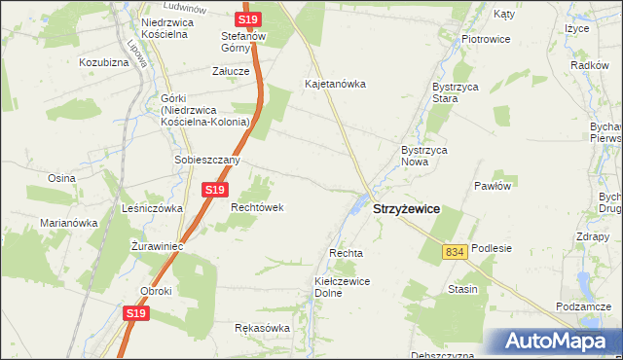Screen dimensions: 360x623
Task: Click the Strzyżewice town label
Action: pyautogui.click(x=406, y=209)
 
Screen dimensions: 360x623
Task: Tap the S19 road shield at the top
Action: pyautogui.click(x=248, y=19)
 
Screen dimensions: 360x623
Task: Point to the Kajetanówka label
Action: pyautogui.click(x=335, y=84)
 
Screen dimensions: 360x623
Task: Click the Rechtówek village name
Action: pyautogui.click(x=256, y=207)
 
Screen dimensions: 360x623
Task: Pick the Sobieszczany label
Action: pyautogui.click(x=206, y=160)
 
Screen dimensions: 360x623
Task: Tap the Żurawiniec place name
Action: pyautogui.click(x=158, y=247)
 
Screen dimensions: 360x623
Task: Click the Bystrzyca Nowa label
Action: pyautogui.click(x=423, y=156)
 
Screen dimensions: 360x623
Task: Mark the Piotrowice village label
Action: pyautogui.click(x=487, y=39)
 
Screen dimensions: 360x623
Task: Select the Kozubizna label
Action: pyautogui.click(x=104, y=62)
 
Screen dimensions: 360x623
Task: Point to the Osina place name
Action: pyautogui.click(x=62, y=178)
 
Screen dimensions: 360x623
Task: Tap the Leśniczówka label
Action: pyautogui.click(x=147, y=208)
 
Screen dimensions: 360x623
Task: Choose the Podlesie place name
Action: pyautogui.click(x=492, y=248)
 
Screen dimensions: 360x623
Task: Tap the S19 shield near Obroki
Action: pyautogui.click(x=136, y=313)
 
